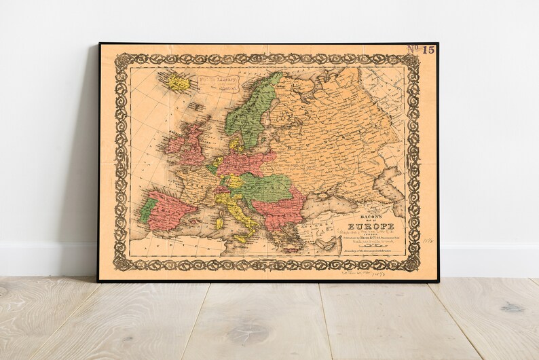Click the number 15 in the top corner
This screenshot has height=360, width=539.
(x=428, y=50)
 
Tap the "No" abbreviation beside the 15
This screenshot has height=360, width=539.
(x=413, y=49)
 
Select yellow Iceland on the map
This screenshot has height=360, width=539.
(x=178, y=82)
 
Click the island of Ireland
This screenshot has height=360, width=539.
(x=174, y=145)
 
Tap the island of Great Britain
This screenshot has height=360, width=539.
(x=194, y=146)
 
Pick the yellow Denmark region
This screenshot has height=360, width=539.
(x=234, y=143)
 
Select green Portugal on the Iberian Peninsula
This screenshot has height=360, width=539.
(x=147, y=209)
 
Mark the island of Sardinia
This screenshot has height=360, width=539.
(x=219, y=222)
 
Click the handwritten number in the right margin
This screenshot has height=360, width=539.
(x=427, y=240)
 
